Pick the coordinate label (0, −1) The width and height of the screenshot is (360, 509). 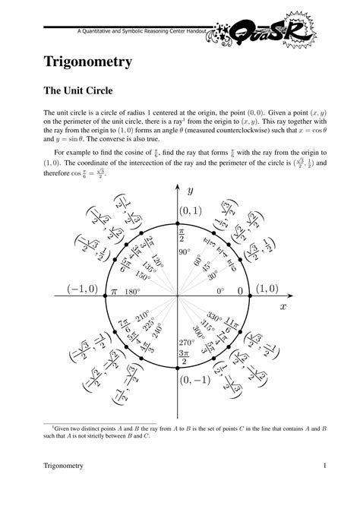(194, 380)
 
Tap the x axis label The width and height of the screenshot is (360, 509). (283, 306)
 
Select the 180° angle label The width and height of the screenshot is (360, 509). (132, 291)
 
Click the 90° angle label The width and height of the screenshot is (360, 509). (185, 251)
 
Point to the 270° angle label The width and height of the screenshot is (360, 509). (187, 342)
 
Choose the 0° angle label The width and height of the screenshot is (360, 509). (220, 291)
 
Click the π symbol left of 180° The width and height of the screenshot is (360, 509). (115, 291)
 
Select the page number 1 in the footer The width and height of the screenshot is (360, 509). (324, 465)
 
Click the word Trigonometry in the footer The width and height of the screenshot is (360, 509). (63, 465)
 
